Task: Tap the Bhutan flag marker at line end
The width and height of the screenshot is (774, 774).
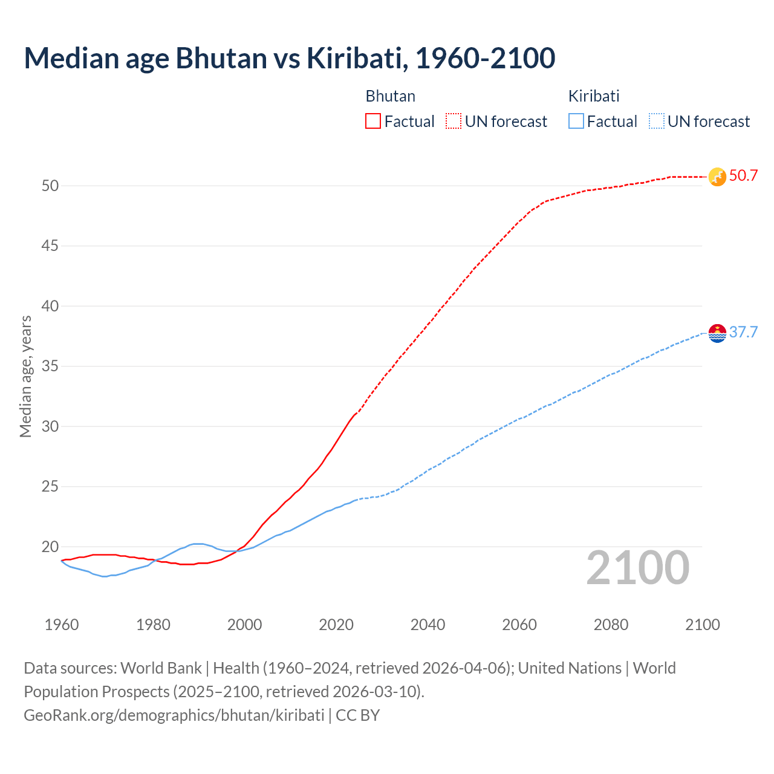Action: [717, 177]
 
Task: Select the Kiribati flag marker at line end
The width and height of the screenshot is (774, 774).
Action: [717, 333]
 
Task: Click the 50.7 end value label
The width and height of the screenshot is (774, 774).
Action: [743, 176]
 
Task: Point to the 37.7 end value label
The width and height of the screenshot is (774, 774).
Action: [743, 333]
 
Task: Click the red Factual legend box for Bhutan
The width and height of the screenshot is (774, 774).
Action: [373, 122]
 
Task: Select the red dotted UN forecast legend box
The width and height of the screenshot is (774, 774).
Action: [454, 122]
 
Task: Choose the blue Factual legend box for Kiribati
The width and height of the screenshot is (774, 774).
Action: [576, 122]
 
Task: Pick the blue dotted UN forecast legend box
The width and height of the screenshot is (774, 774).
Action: [656, 122]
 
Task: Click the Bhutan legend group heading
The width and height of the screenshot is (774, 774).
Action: [390, 96]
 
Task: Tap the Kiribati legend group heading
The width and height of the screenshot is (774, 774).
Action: [594, 96]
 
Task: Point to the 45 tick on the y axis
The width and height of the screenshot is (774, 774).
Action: [50, 246]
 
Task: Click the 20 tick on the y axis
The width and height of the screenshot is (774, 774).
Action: [50, 547]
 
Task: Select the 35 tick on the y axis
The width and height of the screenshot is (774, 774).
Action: [50, 366]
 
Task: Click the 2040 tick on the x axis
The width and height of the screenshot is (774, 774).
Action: [428, 625]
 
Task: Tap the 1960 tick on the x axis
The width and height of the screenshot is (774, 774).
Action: [62, 625]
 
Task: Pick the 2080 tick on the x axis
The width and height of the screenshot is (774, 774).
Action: [611, 625]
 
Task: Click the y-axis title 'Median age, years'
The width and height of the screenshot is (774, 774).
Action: [25, 376]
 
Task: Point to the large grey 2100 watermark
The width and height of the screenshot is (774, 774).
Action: [637, 568]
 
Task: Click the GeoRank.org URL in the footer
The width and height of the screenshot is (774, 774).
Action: [174, 715]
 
